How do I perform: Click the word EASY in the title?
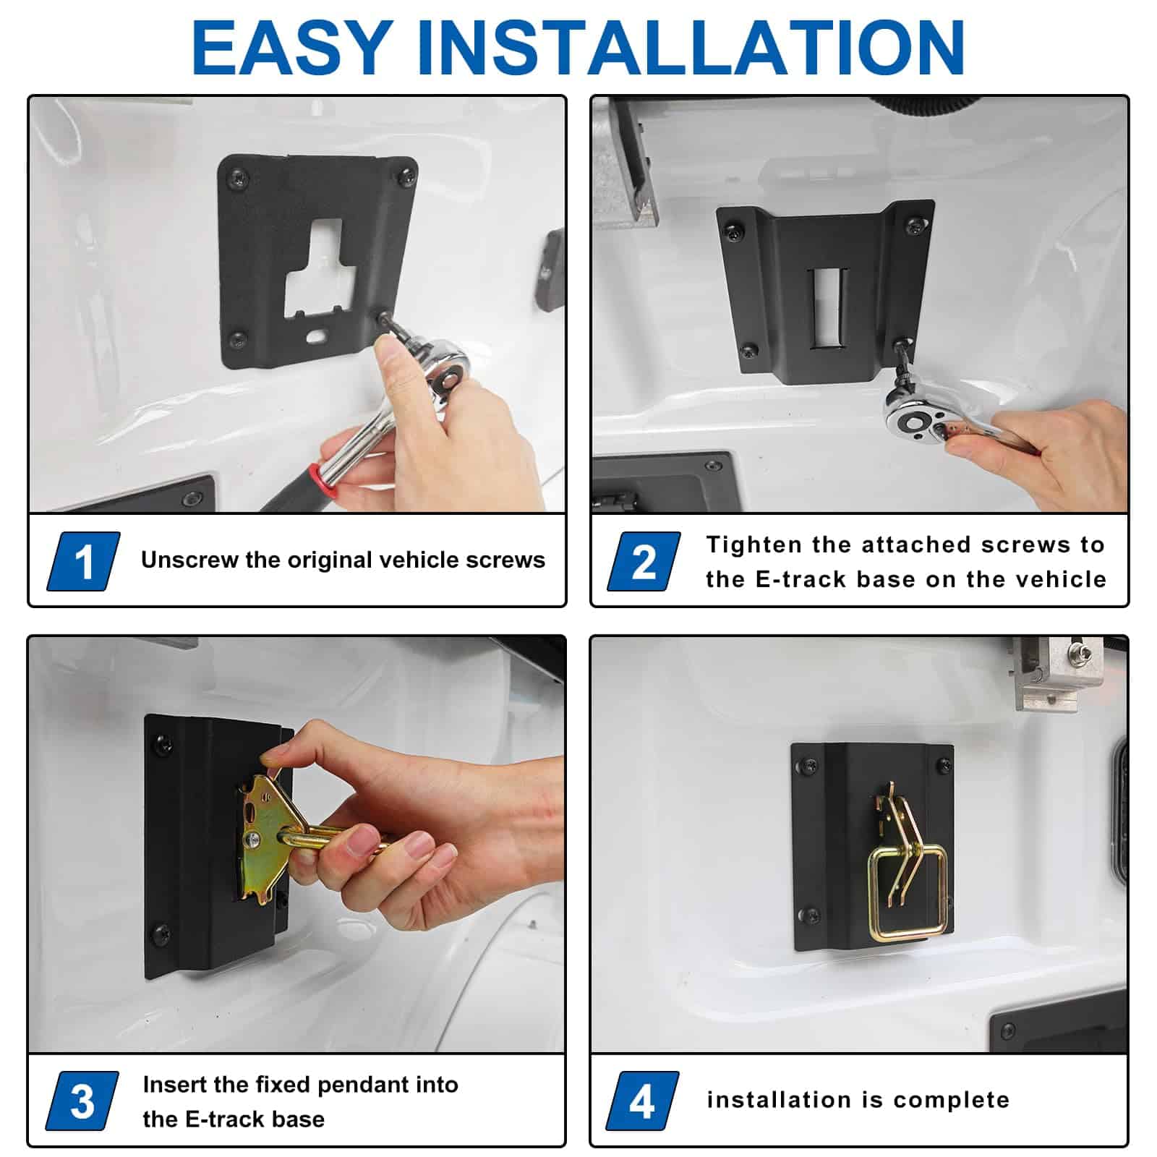pos(292,47)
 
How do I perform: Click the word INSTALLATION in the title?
pos(691,47)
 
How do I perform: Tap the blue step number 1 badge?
pos(83,561)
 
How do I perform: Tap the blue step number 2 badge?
pos(644,561)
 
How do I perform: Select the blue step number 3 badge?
pos(82,1101)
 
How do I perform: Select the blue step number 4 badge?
pos(642,1101)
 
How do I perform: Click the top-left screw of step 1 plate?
pos(237,178)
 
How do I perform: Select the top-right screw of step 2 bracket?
pos(916,226)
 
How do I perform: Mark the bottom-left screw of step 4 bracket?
pos(812,915)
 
